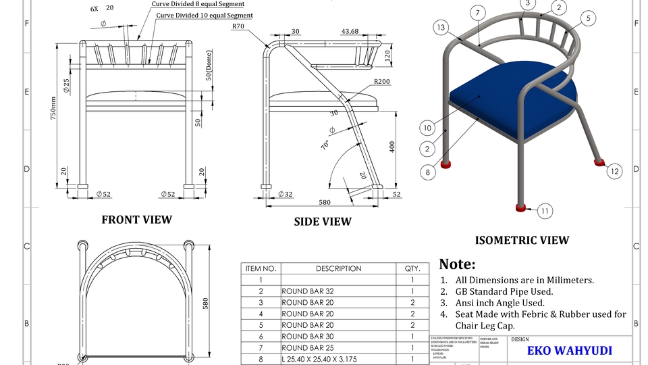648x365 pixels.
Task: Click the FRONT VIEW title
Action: pos(136,220)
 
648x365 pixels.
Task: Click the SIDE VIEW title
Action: pos(323,222)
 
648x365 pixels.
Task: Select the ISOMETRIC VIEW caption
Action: pos(522,240)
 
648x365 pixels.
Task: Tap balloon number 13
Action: pos(441,27)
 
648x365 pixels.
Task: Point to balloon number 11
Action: pos(545,211)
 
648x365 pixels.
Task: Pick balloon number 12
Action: pos(614,172)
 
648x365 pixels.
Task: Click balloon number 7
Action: pos(477,13)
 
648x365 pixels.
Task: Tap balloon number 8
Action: pos(427,172)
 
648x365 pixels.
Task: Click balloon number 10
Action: pos(427,127)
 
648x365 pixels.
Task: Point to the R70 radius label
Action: pos(238,26)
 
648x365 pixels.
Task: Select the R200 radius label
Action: pos(381,82)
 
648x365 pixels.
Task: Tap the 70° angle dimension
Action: pos(325,145)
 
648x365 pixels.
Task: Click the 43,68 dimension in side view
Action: pos(350,31)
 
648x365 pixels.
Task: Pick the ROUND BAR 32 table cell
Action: pos(307,291)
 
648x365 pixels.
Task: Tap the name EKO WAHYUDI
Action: pos(569,351)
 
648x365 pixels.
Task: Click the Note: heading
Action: pos(457,264)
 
